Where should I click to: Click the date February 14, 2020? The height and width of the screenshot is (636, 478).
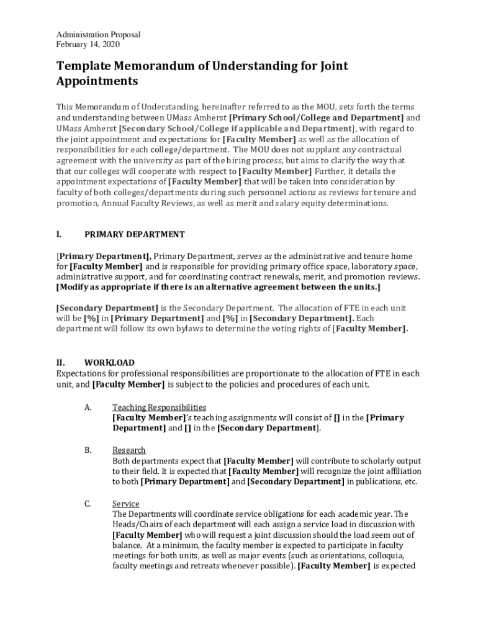(x=88, y=45)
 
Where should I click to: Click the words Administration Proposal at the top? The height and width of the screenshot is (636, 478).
(x=99, y=35)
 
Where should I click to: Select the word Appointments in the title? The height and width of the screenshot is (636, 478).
(x=97, y=81)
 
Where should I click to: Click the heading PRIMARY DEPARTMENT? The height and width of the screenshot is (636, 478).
(x=135, y=234)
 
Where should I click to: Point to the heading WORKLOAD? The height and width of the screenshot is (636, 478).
(x=110, y=363)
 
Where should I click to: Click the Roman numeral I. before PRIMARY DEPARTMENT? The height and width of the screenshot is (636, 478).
(x=58, y=234)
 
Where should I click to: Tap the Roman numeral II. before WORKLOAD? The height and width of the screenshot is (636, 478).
(x=60, y=363)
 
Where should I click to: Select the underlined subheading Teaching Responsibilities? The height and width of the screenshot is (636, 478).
(x=159, y=407)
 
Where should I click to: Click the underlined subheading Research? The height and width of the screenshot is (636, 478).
(x=129, y=450)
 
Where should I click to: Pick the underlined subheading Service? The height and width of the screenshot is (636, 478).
(x=126, y=504)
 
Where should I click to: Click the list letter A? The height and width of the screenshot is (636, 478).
(x=88, y=407)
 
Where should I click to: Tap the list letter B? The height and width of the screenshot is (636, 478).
(x=88, y=450)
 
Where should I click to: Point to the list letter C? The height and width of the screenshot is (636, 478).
(x=88, y=504)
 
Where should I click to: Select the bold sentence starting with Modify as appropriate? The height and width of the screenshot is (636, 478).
(x=219, y=288)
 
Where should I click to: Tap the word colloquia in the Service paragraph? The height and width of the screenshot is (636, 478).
(x=388, y=556)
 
